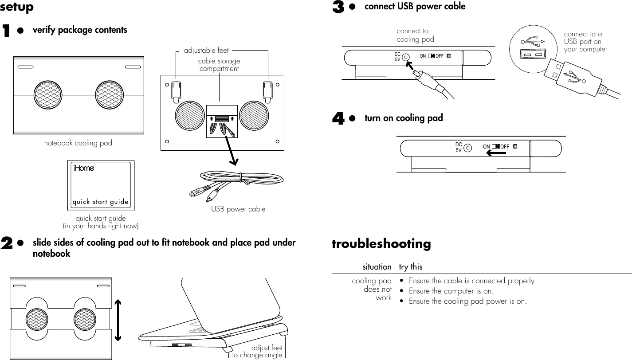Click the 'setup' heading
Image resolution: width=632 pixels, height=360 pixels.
point(17,8)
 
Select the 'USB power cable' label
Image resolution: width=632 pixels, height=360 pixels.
point(238,209)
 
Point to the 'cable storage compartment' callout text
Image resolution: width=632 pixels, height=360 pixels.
point(219,65)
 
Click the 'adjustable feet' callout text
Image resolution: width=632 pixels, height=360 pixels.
point(206,51)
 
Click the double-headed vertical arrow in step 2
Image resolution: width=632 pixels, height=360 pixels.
point(118,320)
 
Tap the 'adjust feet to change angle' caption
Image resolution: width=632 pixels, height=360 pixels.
point(257,352)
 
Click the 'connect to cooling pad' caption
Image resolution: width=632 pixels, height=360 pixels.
point(415,35)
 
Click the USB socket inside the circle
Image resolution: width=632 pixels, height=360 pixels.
point(532,54)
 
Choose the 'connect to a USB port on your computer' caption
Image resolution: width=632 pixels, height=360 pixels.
point(585,42)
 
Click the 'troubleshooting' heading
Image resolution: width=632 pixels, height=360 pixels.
point(381,244)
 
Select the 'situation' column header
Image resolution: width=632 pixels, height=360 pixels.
point(377,267)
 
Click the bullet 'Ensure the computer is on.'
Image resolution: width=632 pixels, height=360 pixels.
point(451,291)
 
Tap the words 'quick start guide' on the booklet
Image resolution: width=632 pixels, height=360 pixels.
point(100,202)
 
